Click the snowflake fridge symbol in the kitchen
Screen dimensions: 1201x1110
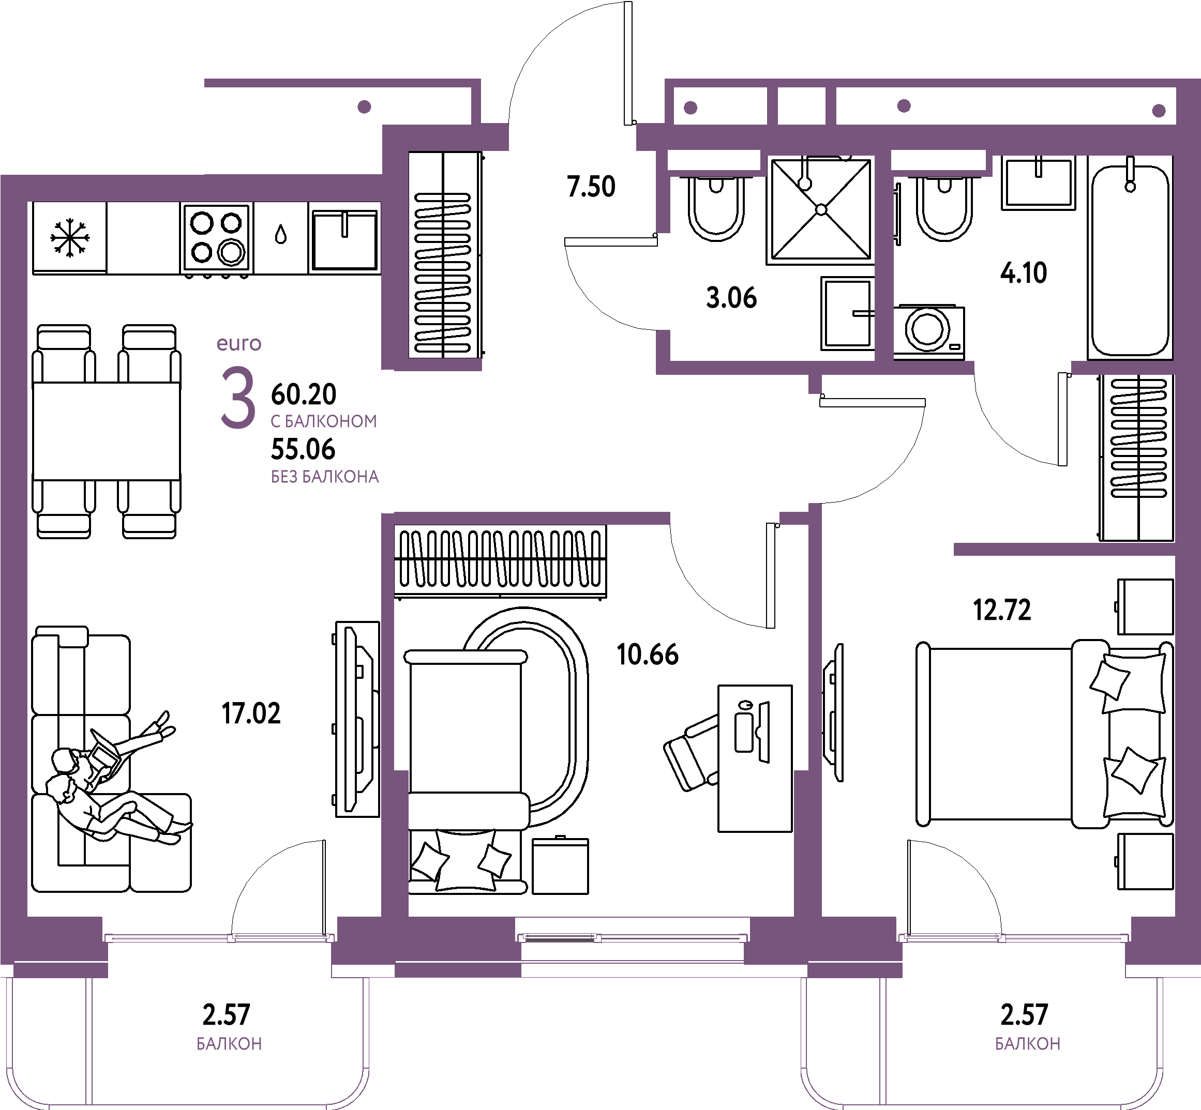click(x=70, y=238)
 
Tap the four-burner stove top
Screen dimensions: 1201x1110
click(x=216, y=238)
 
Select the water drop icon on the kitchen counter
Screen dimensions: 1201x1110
click(x=280, y=234)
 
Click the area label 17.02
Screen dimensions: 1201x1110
click(x=251, y=713)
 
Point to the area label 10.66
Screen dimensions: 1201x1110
click(x=648, y=655)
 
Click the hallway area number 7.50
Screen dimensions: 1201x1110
click(x=591, y=187)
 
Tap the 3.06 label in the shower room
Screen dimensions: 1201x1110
click(x=731, y=298)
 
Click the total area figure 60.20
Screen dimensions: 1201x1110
click(x=304, y=394)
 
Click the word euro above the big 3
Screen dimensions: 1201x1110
click(x=239, y=344)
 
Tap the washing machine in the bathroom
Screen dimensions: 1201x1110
click(x=929, y=332)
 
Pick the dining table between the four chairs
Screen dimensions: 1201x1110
click(x=107, y=431)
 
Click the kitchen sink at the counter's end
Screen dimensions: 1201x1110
click(x=344, y=239)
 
